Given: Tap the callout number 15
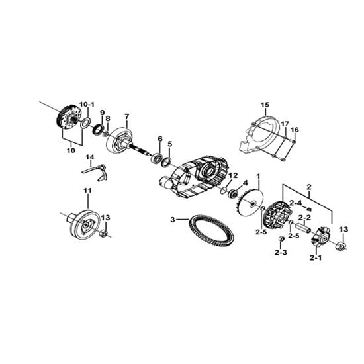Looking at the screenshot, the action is pyautogui.click(x=265, y=105).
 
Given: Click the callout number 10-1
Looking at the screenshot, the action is pyautogui.click(x=87, y=105).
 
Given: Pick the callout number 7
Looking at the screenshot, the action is pyautogui.click(x=126, y=116).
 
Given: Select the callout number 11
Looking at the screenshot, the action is pyautogui.click(x=88, y=191).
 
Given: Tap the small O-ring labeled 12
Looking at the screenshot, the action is pyautogui.click(x=224, y=190).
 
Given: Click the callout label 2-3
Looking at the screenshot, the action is pyautogui.click(x=281, y=253).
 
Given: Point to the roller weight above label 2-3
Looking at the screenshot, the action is pyautogui.click(x=281, y=239).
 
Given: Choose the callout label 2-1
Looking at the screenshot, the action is pyautogui.click(x=316, y=257).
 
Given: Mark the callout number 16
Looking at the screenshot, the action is pyautogui.click(x=295, y=130).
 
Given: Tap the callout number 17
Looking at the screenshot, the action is pyautogui.click(x=285, y=124).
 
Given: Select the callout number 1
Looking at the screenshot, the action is pyautogui.click(x=258, y=177).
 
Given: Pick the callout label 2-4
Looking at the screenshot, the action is pyautogui.click(x=296, y=203).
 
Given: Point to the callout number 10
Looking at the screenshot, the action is pyautogui.click(x=71, y=150).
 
